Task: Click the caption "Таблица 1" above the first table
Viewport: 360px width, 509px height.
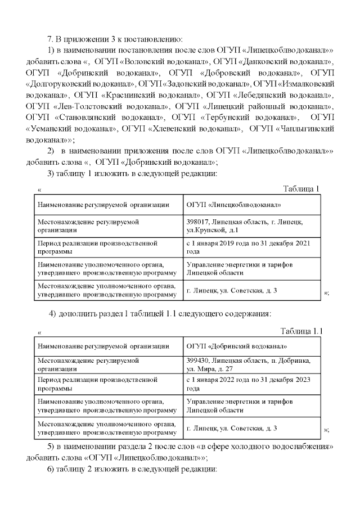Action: point(301,188)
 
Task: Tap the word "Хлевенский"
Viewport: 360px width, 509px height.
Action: point(174,129)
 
